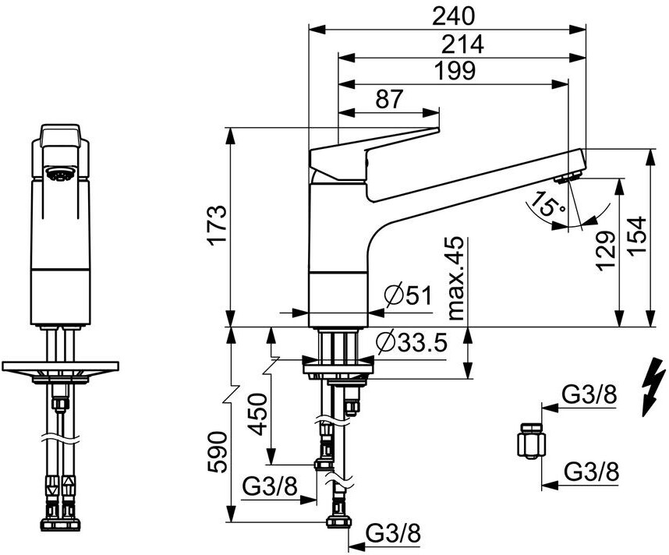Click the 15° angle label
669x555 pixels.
(545, 203)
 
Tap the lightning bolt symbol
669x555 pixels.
(649, 387)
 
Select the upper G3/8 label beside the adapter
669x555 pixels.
(590, 395)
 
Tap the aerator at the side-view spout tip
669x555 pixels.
(568, 178)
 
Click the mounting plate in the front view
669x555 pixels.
(60, 367)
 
